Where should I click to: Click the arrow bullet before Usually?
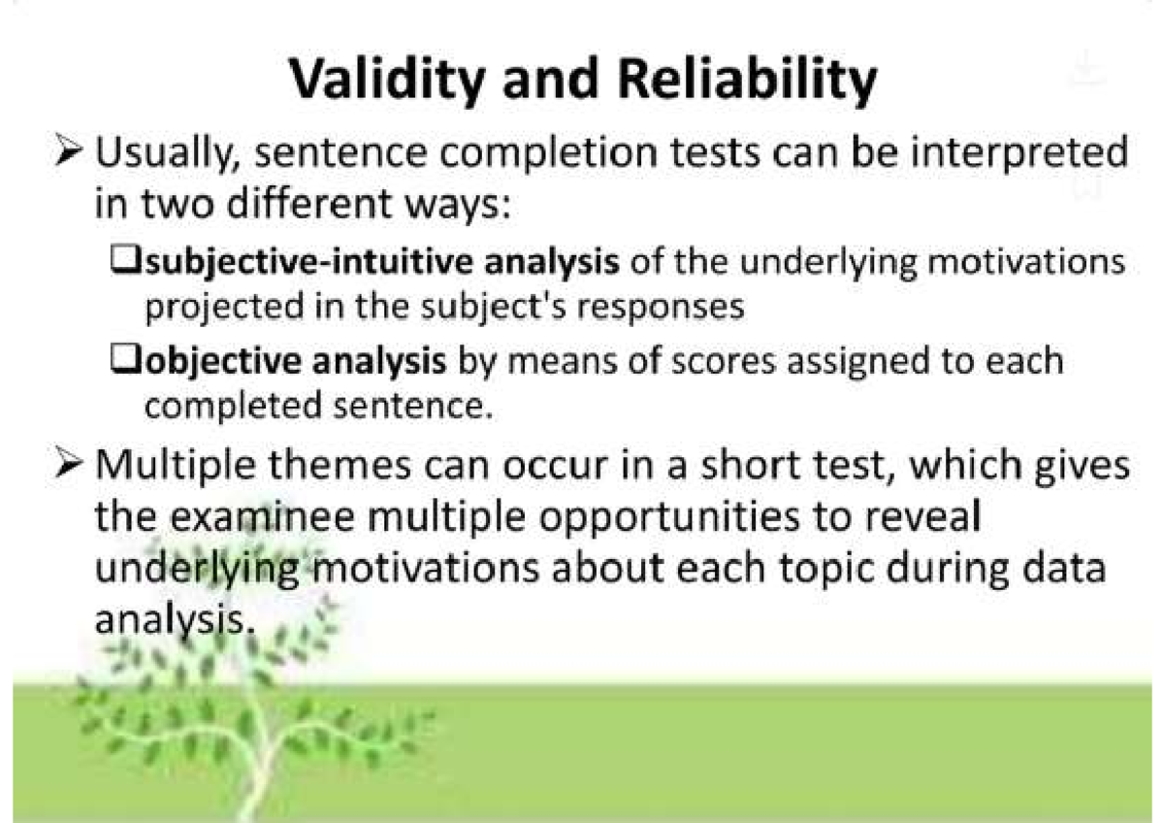[72, 153]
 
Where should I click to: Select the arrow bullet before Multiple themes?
[72, 467]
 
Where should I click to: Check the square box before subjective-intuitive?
[126, 263]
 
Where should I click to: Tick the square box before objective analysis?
[126, 360]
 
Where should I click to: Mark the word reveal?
[921, 517]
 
